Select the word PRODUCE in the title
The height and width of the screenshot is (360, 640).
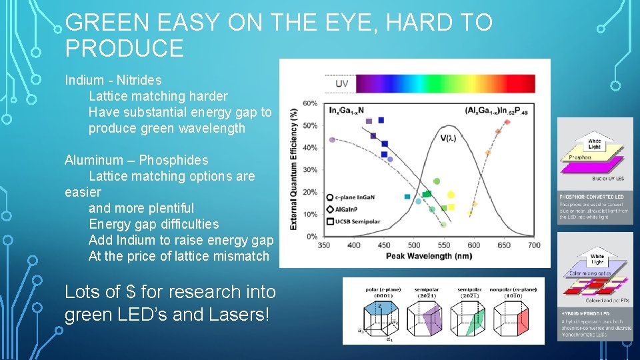pyautogui.click(x=125, y=49)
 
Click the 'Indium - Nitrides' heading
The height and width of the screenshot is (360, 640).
pyautogui.click(x=113, y=80)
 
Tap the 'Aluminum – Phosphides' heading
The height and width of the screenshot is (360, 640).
pyautogui.click(x=136, y=160)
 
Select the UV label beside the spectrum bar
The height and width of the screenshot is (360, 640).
pyautogui.click(x=341, y=83)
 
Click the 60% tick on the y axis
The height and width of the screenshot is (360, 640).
pyautogui.click(x=310, y=103)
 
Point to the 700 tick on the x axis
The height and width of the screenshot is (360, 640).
pyautogui.click(x=534, y=245)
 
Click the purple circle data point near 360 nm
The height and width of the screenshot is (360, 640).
pyautogui.click(x=333, y=140)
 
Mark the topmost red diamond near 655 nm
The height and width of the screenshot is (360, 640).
pyautogui.click(x=507, y=121)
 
